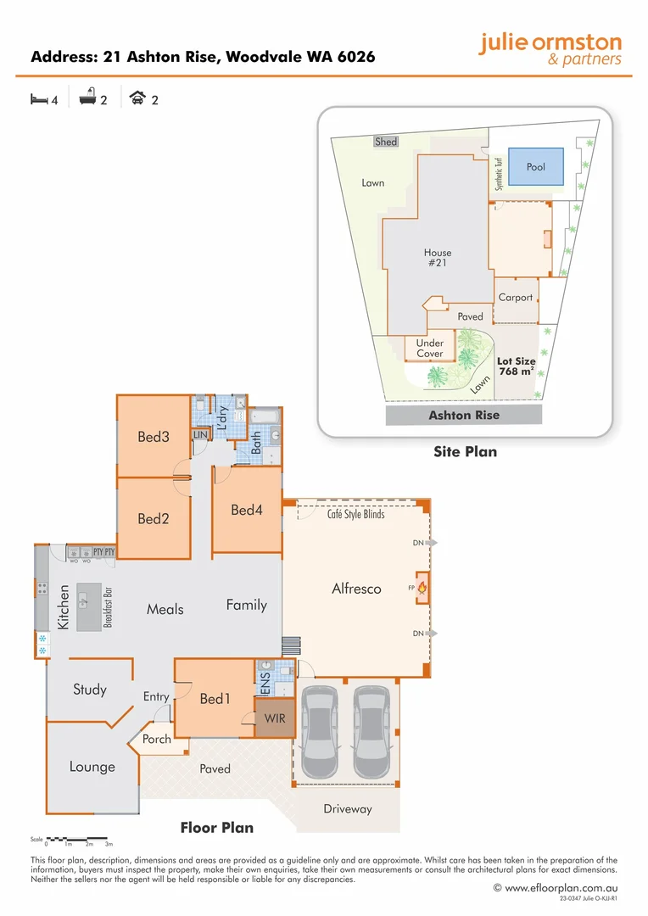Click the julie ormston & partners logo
[x=550, y=49]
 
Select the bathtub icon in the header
[x=87, y=99]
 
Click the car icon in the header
[x=137, y=99]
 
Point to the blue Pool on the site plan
[x=536, y=167]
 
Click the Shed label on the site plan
[x=386, y=142]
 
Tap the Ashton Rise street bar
[x=464, y=415]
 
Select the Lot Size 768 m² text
[x=516, y=366]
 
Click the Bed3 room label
[x=154, y=438]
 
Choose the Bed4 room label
[x=247, y=510]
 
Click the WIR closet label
[x=275, y=719]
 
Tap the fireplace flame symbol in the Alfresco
[x=422, y=587]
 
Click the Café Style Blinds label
[x=355, y=515]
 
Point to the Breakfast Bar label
[x=108, y=606]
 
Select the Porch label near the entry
[x=156, y=739]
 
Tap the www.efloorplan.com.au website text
[x=561, y=888]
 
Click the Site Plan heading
[x=465, y=452]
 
